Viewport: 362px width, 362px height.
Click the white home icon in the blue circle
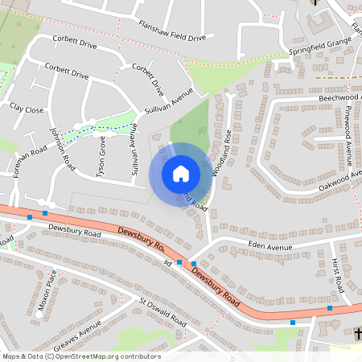click(x=180, y=174)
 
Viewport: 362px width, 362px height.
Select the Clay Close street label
click(x=27, y=107)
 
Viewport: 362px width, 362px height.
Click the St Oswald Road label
click(x=163, y=312)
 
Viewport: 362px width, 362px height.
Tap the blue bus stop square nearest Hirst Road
click(x=329, y=308)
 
